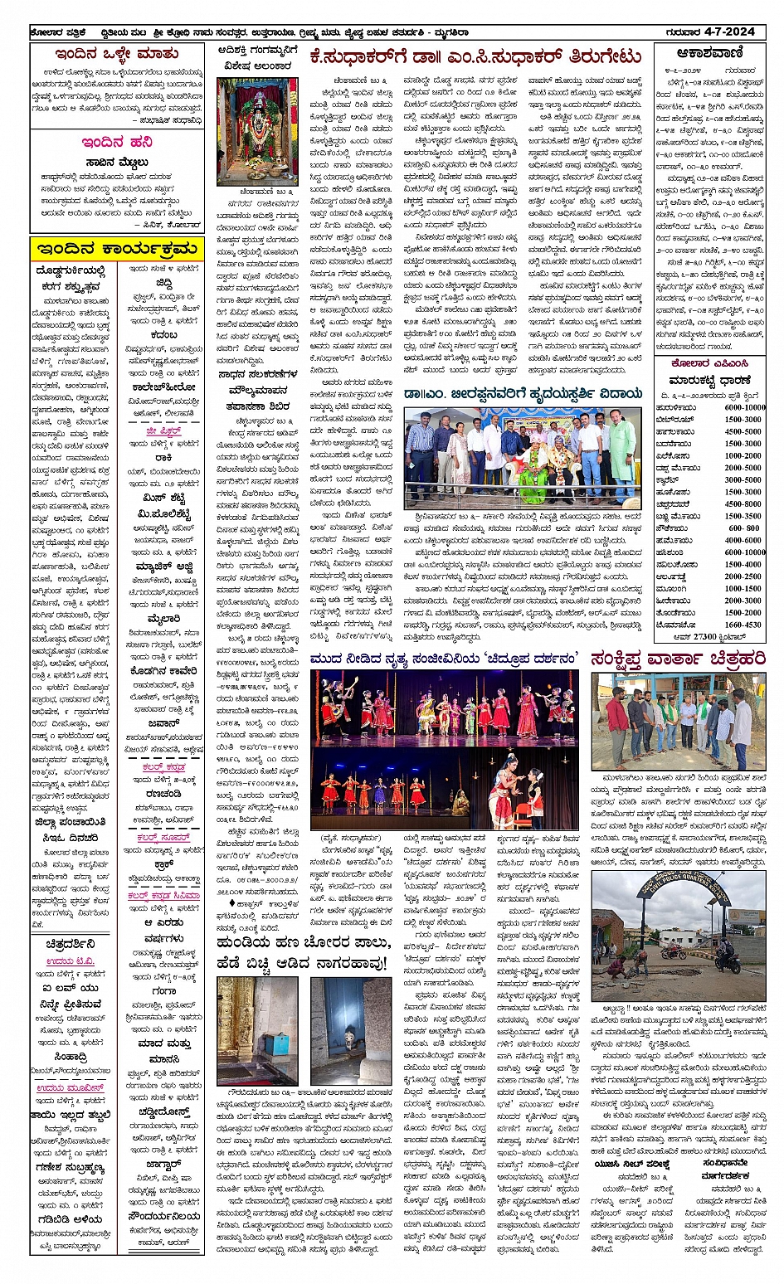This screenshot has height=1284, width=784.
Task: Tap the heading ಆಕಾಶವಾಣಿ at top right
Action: coord(709,54)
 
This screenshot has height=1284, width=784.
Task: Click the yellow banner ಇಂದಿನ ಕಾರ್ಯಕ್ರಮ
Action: coord(116,249)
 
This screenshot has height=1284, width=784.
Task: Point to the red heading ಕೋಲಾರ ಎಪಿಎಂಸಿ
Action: coord(709,363)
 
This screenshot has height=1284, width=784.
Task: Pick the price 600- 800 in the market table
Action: coord(743,528)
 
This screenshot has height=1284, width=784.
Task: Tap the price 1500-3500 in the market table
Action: coord(743,516)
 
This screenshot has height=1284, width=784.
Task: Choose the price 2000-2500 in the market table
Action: coord(743,576)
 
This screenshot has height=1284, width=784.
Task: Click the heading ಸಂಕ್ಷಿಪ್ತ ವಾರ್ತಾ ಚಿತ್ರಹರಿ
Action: coord(678,659)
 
